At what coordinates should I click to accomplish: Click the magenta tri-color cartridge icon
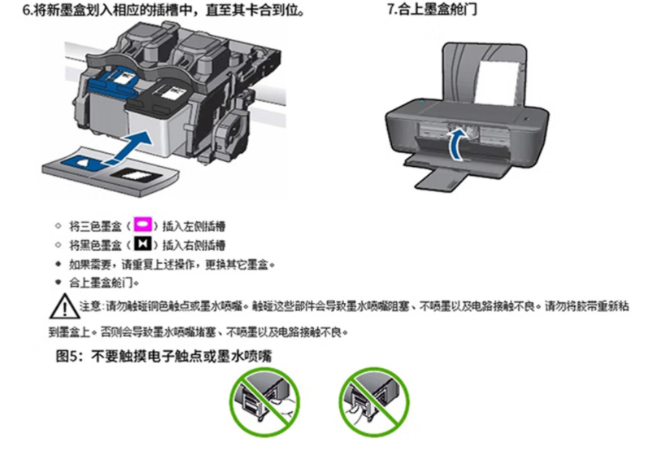(x=142, y=225)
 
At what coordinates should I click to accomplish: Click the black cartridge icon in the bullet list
(x=142, y=243)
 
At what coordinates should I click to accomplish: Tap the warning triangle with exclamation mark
(x=63, y=306)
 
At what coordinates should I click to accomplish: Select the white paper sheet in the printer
(x=498, y=83)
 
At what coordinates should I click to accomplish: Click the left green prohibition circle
(x=264, y=402)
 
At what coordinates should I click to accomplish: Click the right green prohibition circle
(x=373, y=402)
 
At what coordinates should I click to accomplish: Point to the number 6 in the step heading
(x=26, y=11)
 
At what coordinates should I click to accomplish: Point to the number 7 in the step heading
(x=390, y=9)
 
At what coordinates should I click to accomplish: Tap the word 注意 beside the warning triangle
(x=90, y=306)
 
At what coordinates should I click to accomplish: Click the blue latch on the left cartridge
(x=113, y=82)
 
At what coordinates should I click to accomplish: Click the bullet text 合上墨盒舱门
(x=101, y=283)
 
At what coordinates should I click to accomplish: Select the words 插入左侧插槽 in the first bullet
(x=194, y=226)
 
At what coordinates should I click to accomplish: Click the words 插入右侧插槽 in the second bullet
(x=194, y=245)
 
